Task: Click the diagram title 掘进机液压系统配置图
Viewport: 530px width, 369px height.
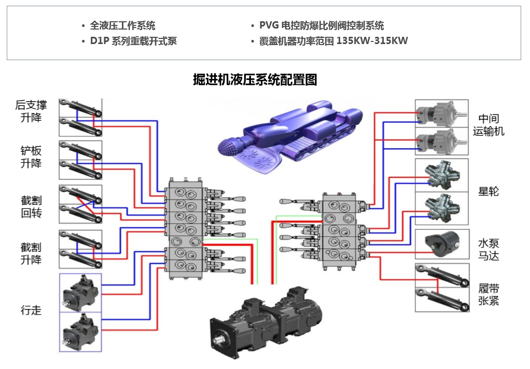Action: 255,80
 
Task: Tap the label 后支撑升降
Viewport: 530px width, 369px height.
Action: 31,111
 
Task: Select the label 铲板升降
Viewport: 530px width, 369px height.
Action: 31,157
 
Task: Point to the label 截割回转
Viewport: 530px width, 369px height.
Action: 31,207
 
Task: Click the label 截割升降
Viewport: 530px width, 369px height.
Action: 31,253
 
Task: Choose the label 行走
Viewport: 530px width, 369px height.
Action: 31,310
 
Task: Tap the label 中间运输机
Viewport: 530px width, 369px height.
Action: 489,125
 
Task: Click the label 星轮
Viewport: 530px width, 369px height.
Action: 489,191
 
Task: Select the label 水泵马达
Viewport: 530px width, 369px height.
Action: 489,249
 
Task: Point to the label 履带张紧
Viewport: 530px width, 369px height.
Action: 489,295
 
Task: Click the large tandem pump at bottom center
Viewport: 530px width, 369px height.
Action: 264,324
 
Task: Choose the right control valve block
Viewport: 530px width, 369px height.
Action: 340,231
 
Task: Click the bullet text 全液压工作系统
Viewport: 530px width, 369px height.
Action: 122,25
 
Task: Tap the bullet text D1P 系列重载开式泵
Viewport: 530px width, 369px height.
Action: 133,41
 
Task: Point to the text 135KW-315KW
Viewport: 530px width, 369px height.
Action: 372,41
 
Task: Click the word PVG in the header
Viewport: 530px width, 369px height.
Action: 269,25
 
